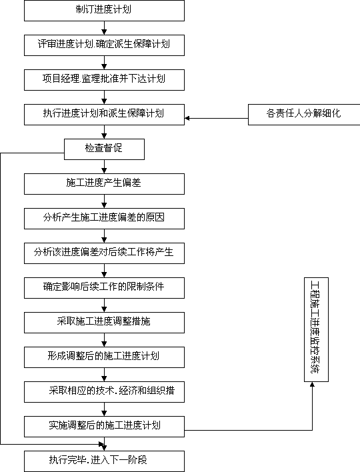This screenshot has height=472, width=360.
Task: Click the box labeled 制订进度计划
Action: point(104,11)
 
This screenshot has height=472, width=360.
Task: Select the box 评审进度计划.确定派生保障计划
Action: point(104,45)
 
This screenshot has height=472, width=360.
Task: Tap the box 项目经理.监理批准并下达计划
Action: point(104,80)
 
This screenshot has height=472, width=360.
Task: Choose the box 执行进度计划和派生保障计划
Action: point(104,115)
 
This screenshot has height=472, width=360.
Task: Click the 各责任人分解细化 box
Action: point(304,115)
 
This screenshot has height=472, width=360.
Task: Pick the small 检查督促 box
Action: point(104,149)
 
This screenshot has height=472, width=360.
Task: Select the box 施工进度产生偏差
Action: point(104,184)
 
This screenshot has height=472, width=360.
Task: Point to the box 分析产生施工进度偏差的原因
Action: point(104,219)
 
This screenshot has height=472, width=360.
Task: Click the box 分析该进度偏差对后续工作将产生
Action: point(104,253)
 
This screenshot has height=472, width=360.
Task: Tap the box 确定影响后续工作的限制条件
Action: point(104,288)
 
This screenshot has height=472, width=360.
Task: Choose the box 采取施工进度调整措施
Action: point(104,323)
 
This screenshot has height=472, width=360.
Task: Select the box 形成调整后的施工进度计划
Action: point(104,357)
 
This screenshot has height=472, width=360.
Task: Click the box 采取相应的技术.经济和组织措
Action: point(104,392)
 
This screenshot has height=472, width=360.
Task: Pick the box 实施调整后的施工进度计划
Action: point(104,427)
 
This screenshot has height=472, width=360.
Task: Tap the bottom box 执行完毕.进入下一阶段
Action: point(104,461)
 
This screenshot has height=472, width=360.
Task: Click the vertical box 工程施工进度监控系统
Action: point(316,329)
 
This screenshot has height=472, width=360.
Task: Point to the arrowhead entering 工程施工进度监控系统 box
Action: point(312,385)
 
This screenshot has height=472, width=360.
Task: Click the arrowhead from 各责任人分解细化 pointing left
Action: point(187,118)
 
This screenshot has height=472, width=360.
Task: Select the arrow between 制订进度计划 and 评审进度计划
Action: point(104,28)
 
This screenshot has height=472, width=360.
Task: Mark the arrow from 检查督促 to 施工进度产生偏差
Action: point(104,167)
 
